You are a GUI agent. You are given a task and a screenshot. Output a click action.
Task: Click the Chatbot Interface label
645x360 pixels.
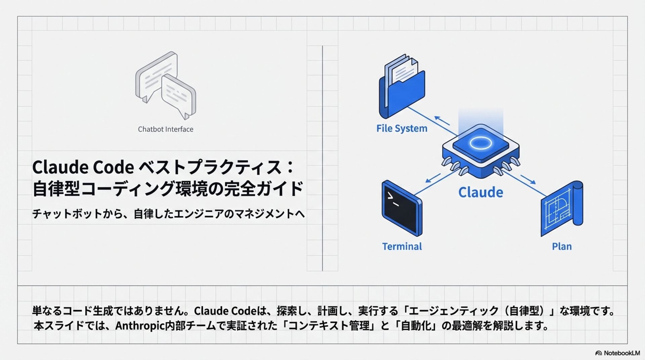pyautogui.click(x=166, y=129)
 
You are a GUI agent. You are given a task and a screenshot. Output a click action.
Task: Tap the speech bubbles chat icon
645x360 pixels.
pyautogui.click(x=165, y=85)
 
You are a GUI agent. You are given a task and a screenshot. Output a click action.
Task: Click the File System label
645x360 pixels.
pyautogui.click(x=402, y=128)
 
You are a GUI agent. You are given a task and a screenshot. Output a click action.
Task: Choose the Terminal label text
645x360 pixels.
pyautogui.click(x=402, y=246)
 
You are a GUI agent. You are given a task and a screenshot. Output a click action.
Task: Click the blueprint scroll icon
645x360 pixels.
pyautogui.click(x=562, y=208)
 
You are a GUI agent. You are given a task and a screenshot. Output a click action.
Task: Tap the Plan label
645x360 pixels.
pyautogui.click(x=562, y=246)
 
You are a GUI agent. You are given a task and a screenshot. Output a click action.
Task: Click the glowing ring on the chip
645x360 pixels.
pyautogui.click(x=480, y=143)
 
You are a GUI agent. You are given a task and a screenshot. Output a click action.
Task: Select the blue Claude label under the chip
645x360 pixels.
pyautogui.click(x=481, y=192)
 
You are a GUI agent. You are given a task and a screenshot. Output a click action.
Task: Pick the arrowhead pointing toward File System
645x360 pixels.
pyautogui.click(x=437, y=118)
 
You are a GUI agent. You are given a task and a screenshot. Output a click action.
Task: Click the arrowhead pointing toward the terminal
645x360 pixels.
pyautogui.click(x=428, y=181)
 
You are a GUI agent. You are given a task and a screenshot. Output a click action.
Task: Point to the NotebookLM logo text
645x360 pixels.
pyautogui.click(x=621, y=353)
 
